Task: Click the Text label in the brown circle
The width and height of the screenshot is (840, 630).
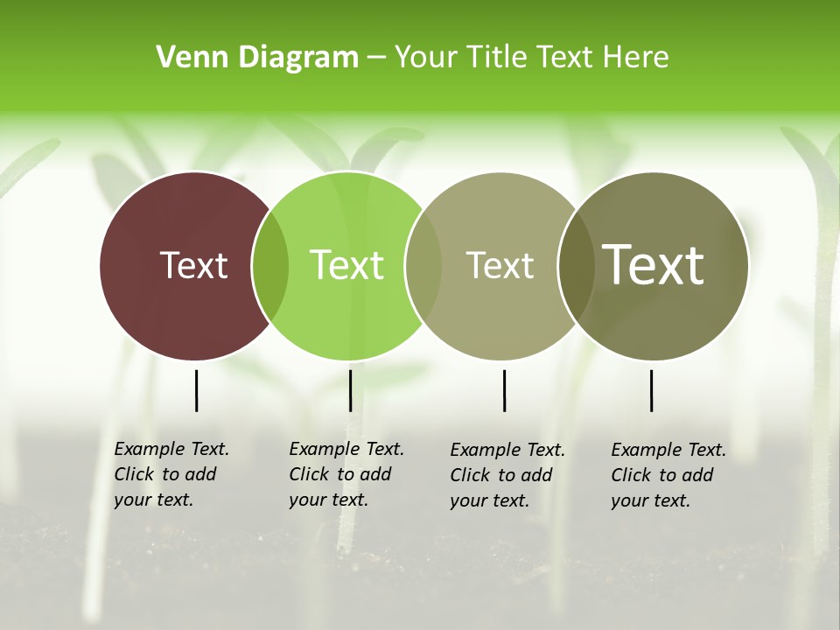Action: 193,265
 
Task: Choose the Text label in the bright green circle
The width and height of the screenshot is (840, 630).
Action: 346,265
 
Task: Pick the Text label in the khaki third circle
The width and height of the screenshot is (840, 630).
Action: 500,265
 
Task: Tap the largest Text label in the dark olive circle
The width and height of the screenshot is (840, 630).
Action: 653,265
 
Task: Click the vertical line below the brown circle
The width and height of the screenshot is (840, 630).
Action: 196,390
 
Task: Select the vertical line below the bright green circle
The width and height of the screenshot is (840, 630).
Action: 350,390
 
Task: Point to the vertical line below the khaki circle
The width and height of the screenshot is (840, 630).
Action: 504,390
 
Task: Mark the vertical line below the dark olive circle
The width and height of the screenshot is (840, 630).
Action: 651,390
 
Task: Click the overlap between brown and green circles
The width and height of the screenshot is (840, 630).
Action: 270,266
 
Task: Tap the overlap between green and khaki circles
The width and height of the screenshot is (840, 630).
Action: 423,266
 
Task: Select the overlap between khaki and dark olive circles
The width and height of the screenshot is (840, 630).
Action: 576,266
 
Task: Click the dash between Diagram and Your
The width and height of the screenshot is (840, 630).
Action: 376,59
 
